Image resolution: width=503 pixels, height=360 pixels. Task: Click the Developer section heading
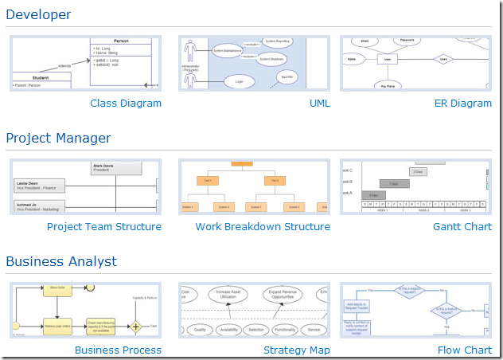click(38, 14)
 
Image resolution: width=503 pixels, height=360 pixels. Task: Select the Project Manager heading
click(58, 138)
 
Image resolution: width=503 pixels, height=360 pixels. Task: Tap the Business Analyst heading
click(61, 261)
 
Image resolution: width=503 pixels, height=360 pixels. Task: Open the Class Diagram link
click(126, 104)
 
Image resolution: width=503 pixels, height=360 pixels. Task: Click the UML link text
click(319, 104)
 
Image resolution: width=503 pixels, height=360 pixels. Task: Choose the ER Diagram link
click(463, 104)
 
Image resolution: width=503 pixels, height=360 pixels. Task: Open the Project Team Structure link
click(104, 227)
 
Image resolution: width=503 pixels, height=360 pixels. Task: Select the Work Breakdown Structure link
click(263, 227)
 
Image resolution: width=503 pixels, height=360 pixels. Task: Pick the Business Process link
click(118, 350)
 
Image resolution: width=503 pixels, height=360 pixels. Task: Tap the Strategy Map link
click(297, 350)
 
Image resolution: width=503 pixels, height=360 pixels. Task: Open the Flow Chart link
click(465, 350)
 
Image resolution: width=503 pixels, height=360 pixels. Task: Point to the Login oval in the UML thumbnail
click(234, 81)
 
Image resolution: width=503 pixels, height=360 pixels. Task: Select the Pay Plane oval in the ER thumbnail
click(388, 84)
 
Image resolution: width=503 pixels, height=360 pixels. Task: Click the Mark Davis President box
click(116, 167)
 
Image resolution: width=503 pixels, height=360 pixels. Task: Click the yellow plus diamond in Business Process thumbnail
click(136, 327)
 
